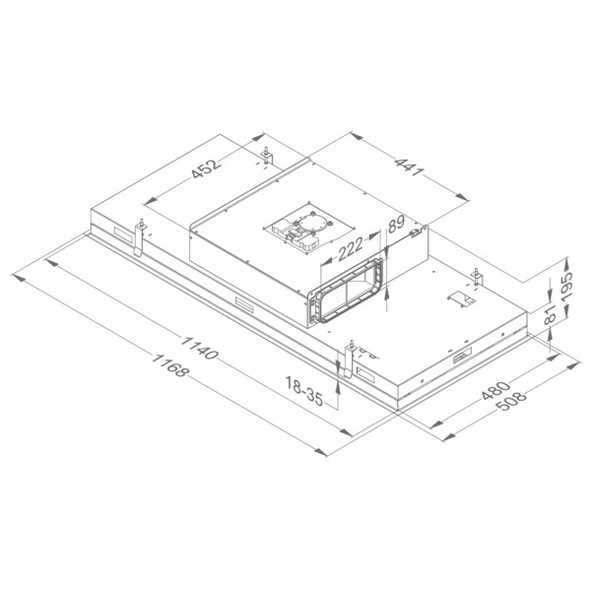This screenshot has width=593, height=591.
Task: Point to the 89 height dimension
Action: point(396,225)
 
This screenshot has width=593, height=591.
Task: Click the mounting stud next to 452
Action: point(267,156)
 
